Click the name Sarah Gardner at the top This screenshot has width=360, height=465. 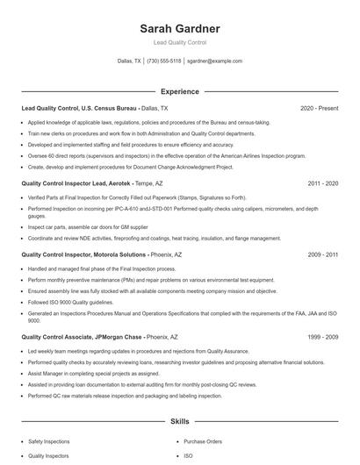click(180, 28)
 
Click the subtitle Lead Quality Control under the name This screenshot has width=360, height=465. click(180, 42)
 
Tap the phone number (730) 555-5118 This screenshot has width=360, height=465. click(164, 61)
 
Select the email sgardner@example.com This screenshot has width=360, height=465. click(214, 61)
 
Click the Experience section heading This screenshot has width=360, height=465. click(180, 91)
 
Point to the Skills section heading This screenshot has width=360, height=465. click(180, 421)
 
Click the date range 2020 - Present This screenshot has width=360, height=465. click(319, 108)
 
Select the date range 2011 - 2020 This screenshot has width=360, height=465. click(323, 183)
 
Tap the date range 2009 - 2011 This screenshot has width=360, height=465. click(323, 254)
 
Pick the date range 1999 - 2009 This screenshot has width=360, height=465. click(323, 336)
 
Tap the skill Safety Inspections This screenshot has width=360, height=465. click(50, 441)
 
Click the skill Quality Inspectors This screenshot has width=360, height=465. click(50, 455)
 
